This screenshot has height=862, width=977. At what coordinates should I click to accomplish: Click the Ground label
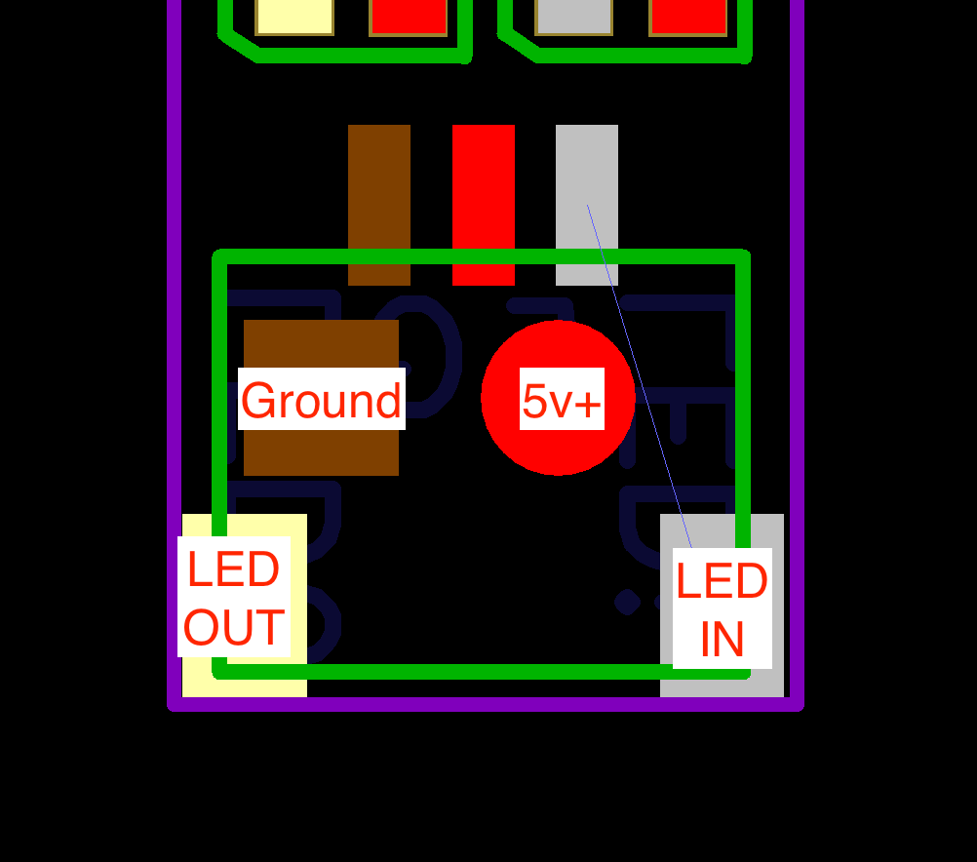[x=321, y=400]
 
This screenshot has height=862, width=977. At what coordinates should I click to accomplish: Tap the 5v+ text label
[x=562, y=400]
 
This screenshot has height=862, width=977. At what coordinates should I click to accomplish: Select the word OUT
[x=234, y=628]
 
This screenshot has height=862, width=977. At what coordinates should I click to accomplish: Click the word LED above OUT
[x=234, y=569]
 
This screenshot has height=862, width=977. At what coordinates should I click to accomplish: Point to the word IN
[x=722, y=640]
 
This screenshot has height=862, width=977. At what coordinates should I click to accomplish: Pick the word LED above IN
[x=722, y=582]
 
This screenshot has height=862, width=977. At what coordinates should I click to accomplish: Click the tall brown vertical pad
[x=379, y=195]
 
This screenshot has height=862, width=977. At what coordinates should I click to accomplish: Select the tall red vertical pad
[x=484, y=195]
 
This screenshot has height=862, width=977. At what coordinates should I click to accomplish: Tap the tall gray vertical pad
[x=587, y=176]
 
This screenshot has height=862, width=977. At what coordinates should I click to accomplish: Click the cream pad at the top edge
[x=294, y=16]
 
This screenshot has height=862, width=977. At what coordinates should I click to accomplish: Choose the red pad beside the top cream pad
[x=409, y=16]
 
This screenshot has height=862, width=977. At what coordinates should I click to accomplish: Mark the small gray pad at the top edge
[x=574, y=16]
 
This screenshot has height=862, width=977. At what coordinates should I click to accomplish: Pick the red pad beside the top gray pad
[x=688, y=16]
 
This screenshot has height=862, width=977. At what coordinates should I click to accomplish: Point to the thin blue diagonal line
[x=639, y=375]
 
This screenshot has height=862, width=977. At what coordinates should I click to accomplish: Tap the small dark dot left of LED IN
[x=627, y=602]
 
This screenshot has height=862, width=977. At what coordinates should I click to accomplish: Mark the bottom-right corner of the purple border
[x=797, y=703]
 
